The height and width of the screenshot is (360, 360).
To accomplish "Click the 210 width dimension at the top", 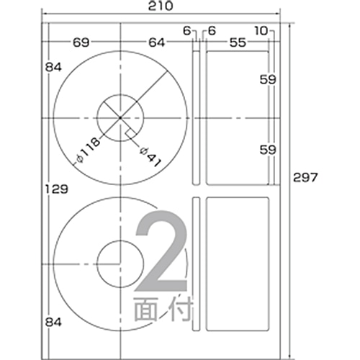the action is click(161, 6).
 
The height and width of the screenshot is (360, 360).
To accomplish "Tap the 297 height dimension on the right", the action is click(305, 178).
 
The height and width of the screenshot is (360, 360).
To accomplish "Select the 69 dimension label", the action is click(81, 42).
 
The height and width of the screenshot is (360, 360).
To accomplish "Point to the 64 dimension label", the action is click(157, 42).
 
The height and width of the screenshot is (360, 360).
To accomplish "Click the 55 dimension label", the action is click(238, 42).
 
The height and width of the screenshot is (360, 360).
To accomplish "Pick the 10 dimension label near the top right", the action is click(261, 31).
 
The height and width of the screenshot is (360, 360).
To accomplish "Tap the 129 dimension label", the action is click(57, 189).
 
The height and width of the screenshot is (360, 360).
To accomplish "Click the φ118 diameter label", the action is click(87, 150).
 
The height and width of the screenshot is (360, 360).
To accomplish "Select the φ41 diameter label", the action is click(150, 157).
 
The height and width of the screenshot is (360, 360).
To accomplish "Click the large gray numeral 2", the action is click(161, 251).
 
